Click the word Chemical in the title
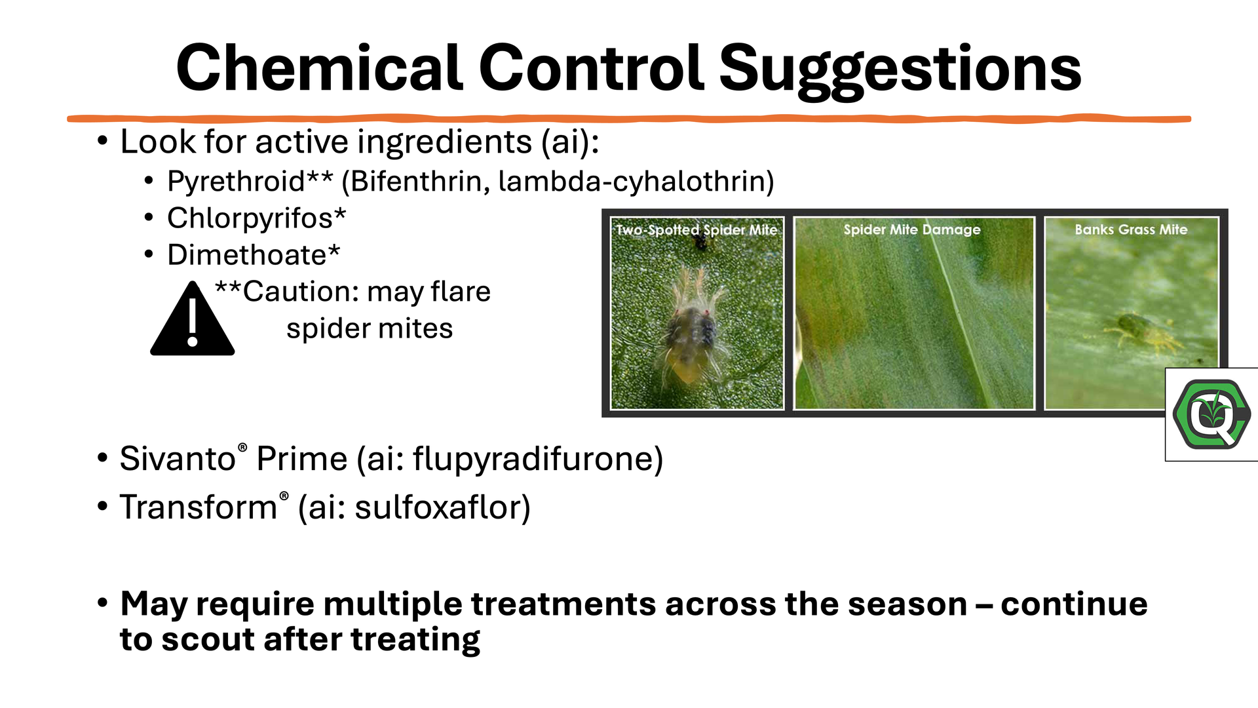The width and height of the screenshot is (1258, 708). pyautogui.click(x=320, y=68)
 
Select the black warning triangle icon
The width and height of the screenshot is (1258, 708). pyautogui.click(x=192, y=319)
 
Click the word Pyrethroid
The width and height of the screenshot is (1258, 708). pyautogui.click(x=236, y=181)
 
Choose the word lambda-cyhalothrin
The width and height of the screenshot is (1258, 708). pyautogui.click(x=630, y=181)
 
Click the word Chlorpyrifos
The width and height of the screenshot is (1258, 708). pyautogui.click(x=250, y=218)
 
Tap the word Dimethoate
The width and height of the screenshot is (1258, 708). pyautogui.click(x=247, y=254)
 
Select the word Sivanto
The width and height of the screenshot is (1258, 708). pyautogui.click(x=178, y=458)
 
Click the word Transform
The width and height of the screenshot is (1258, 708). pyautogui.click(x=199, y=507)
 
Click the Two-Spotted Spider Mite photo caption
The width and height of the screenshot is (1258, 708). pyautogui.click(x=696, y=230)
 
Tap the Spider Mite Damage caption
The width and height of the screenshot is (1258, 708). pyautogui.click(x=912, y=229)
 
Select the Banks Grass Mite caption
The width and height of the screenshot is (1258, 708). pyautogui.click(x=1131, y=229)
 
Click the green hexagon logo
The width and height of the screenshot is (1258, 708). pyautogui.click(x=1211, y=414)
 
